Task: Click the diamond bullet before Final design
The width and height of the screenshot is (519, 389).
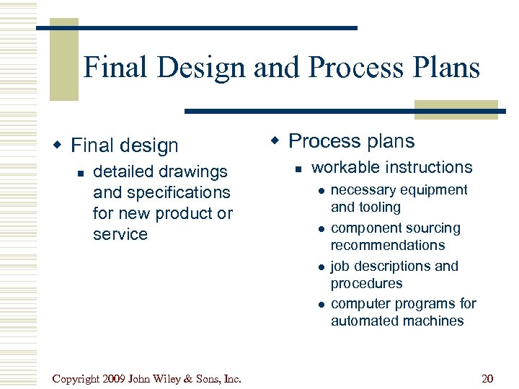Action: pos(61,146)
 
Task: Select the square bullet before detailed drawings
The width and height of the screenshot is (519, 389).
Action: pos(81,173)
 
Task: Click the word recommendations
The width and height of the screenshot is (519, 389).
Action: pos(388,245)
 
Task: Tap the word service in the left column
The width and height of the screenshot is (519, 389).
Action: pos(120,235)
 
